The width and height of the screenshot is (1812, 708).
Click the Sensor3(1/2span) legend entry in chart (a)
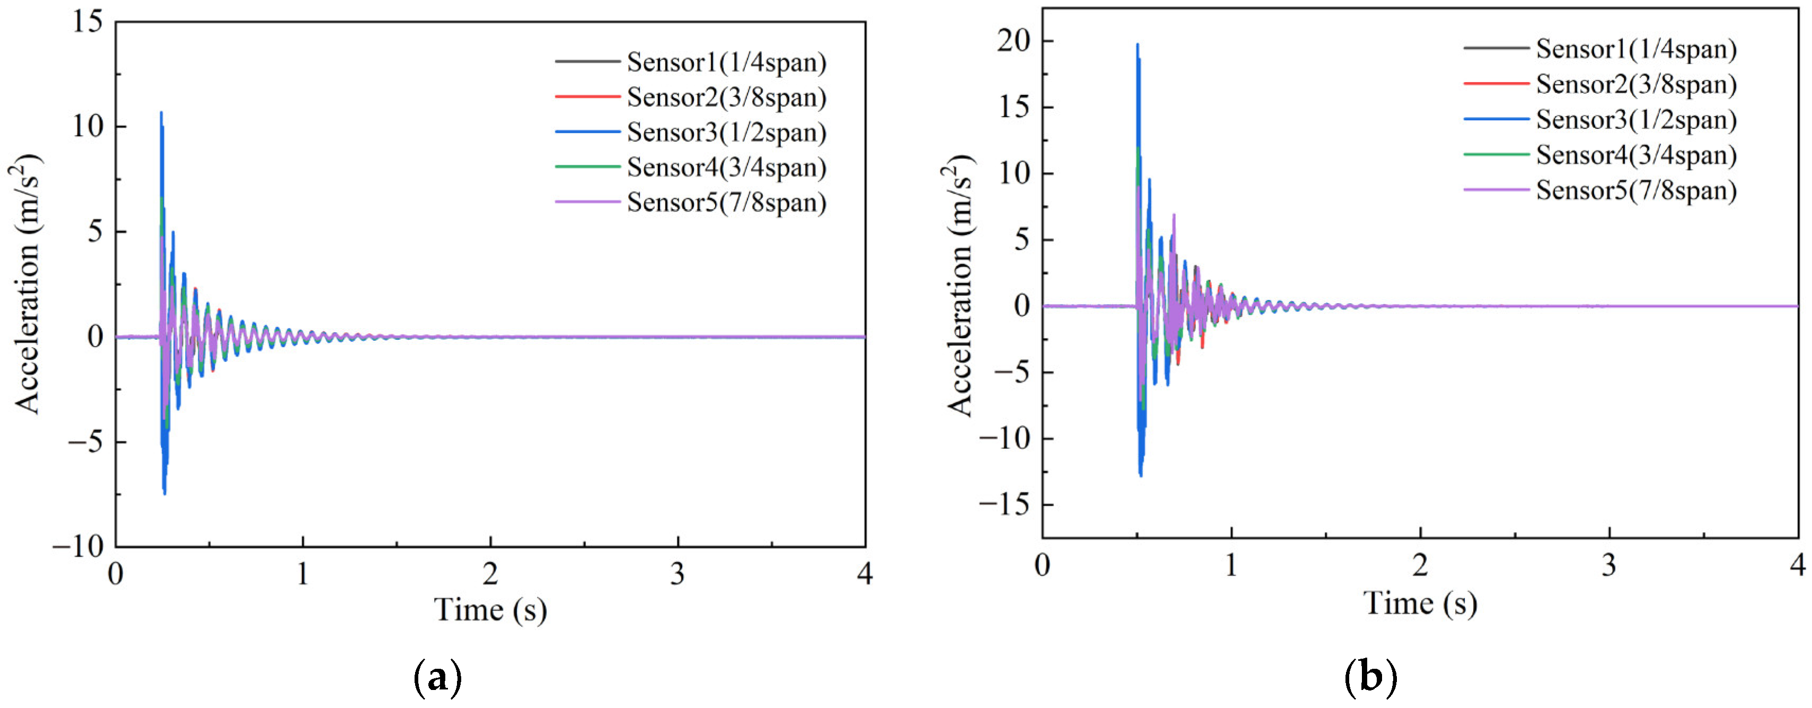coord(726,132)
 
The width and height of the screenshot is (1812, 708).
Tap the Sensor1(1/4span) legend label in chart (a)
coord(726,63)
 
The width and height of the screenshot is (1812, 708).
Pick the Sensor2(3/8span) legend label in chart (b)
coord(1635,84)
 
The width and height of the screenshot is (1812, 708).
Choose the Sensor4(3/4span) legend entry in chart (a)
coord(726,167)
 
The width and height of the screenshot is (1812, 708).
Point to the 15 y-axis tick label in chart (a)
coord(87,22)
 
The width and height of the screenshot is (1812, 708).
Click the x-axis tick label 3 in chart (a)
coord(678,574)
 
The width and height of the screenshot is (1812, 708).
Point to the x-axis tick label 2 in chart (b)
coord(1420,565)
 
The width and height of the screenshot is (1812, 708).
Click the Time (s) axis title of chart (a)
coord(490,609)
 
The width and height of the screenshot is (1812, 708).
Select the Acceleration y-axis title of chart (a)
coord(27,284)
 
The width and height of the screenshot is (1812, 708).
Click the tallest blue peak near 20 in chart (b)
coord(1138,45)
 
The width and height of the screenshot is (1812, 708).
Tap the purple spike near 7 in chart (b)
coord(1173,215)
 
